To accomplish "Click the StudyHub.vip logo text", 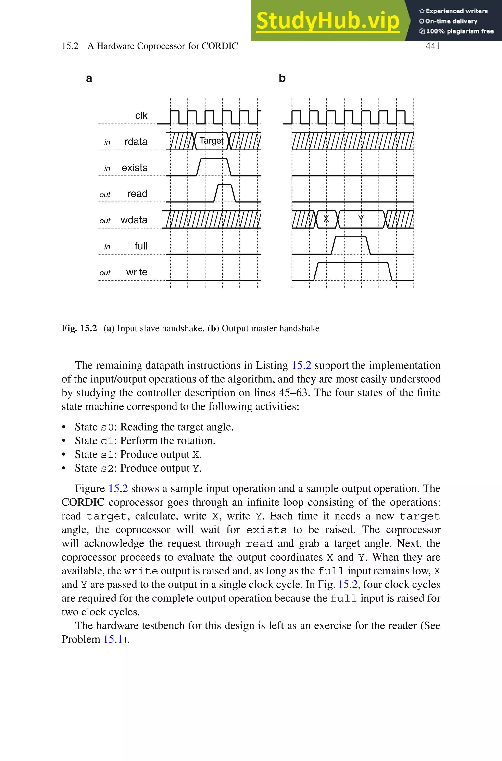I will tap(327, 21).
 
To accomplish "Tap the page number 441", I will tap(433, 46).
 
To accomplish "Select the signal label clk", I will tap(141, 115).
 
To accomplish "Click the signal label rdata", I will tap(136, 142).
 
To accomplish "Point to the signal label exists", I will tap(135, 168).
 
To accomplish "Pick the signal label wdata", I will tap(134, 220).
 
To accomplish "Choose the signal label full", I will tap(141, 246).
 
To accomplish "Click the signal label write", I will tap(137, 272).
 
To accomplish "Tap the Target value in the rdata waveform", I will tap(211, 141).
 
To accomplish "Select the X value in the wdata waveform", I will tap(326, 219).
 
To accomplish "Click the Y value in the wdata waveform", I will tap(361, 219).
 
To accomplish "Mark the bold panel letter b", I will tap(282, 78).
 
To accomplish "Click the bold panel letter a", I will tap(89, 78).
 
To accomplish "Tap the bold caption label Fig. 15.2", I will tap(79, 328).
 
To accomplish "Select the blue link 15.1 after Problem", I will tap(113, 639).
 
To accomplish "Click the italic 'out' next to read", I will tap(105, 195).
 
